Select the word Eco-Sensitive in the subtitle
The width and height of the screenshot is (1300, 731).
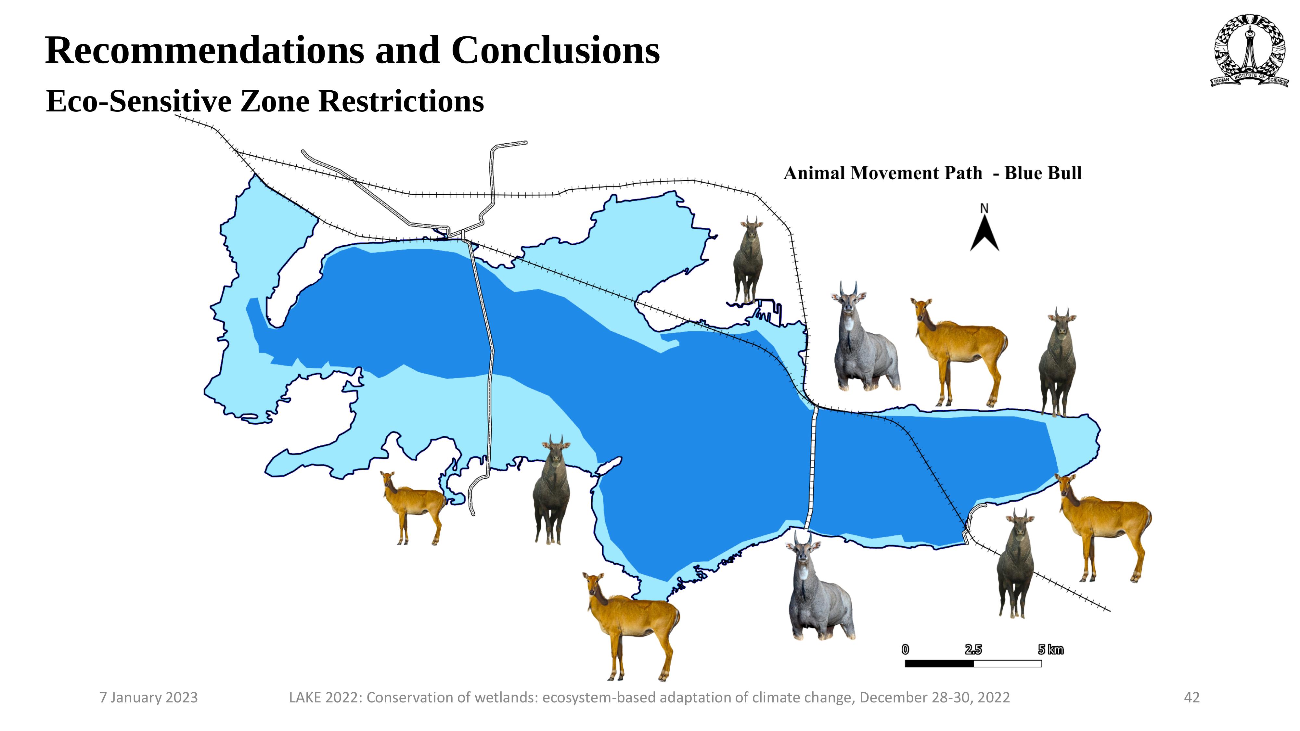click(x=139, y=101)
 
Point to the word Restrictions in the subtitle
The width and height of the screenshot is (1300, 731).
click(x=401, y=101)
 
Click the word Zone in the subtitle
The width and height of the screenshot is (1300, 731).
click(x=275, y=101)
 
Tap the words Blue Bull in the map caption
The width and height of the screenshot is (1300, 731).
click(x=1043, y=173)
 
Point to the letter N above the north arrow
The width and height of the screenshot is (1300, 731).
click(x=984, y=208)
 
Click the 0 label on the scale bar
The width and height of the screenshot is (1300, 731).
click(x=905, y=650)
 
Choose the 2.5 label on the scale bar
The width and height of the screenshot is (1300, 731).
click(x=973, y=650)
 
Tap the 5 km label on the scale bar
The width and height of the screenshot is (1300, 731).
click(x=1051, y=650)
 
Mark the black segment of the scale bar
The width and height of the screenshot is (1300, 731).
click(x=939, y=664)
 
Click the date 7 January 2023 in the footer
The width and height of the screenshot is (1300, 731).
click(x=149, y=698)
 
